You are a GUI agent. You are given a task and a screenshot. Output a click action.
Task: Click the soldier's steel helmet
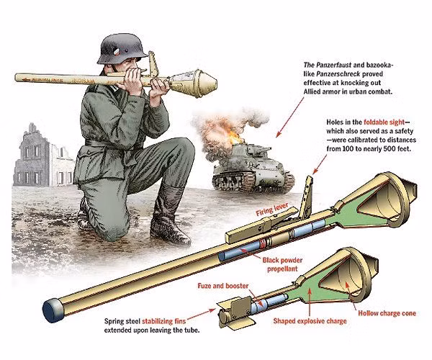122,49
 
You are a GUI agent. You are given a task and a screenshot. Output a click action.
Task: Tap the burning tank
253,168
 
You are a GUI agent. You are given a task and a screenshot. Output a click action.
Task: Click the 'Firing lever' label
272,210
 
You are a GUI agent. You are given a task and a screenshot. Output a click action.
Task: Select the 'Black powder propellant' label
282,264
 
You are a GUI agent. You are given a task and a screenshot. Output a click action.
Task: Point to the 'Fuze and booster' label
223,286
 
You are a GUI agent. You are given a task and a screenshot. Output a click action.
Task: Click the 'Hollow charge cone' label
387,313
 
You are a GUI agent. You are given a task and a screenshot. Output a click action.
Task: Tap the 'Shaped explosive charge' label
310,321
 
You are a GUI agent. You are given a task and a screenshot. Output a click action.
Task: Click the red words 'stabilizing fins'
164,321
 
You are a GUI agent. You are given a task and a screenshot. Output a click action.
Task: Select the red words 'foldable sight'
384,122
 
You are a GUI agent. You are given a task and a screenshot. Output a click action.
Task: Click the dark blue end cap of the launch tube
53,310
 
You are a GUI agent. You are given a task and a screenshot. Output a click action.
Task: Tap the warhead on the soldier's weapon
194,82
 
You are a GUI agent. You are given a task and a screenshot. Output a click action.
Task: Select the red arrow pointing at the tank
289,117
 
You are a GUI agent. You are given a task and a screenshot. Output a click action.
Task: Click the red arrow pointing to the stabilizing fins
201,314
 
